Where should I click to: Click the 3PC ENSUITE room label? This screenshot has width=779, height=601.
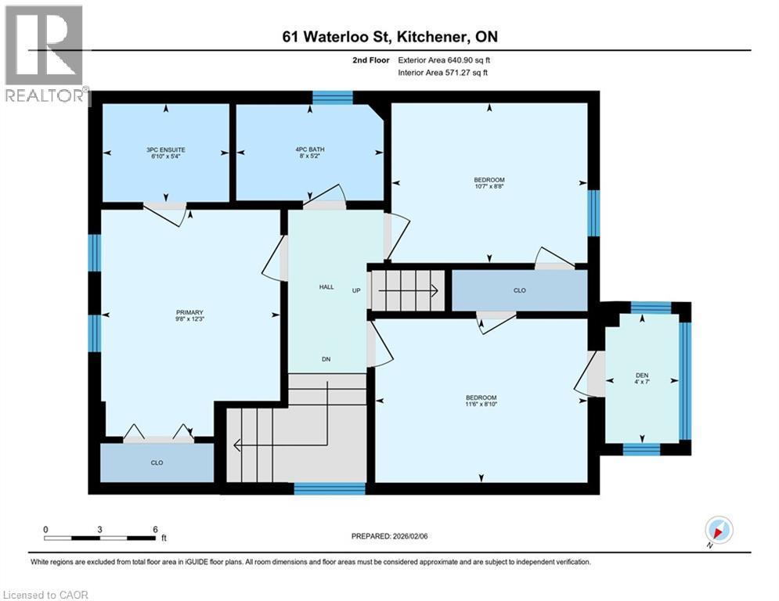point(165,149)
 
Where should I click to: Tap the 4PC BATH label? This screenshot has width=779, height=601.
point(310,149)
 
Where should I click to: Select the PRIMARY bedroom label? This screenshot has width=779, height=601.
point(189,312)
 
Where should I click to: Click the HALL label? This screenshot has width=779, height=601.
point(326,287)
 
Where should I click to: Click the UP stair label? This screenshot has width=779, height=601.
point(356,290)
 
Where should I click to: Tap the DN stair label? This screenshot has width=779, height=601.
point(326,360)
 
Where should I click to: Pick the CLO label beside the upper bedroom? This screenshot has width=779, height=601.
point(519,290)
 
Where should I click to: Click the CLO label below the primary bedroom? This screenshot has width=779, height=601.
point(157,463)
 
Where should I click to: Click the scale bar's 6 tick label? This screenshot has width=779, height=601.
point(155,529)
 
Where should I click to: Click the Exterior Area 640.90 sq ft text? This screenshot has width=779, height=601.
point(444,59)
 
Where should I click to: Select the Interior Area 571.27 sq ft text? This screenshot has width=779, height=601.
point(444,73)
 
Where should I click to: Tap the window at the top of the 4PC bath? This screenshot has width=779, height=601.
point(332,98)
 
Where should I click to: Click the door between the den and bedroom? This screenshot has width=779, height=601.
point(591,374)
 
